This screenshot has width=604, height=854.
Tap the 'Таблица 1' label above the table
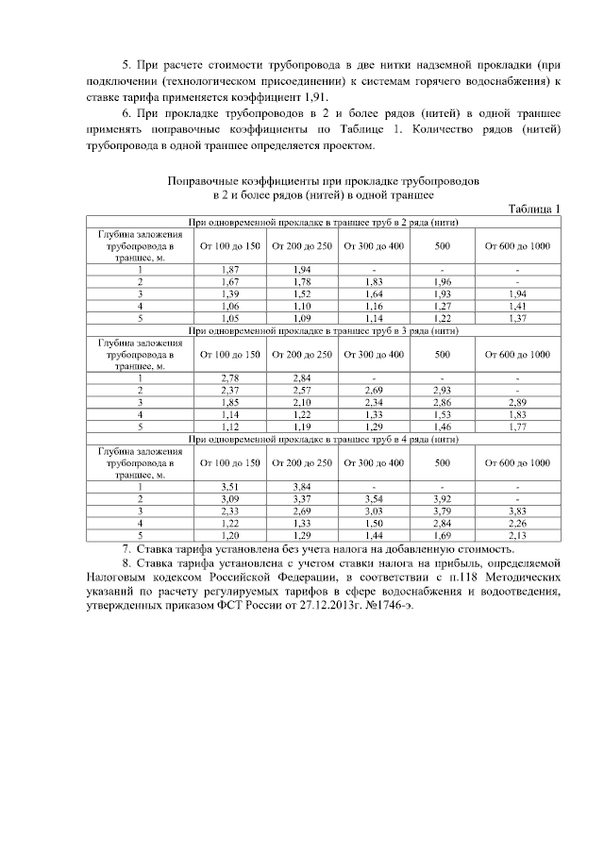coord(534,209)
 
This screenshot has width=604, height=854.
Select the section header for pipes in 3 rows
coord(324,331)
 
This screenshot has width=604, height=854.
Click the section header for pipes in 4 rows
coord(324,440)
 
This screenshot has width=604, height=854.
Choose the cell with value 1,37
coord(517,319)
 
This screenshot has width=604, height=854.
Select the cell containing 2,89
coord(517,403)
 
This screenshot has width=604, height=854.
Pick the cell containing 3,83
coord(517,511)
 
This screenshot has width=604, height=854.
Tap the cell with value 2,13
coord(517,535)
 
